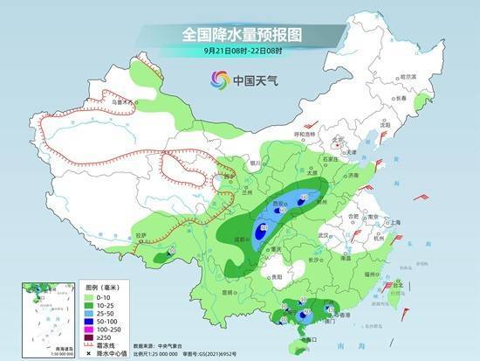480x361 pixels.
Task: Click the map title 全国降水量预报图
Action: tap(240, 34)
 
